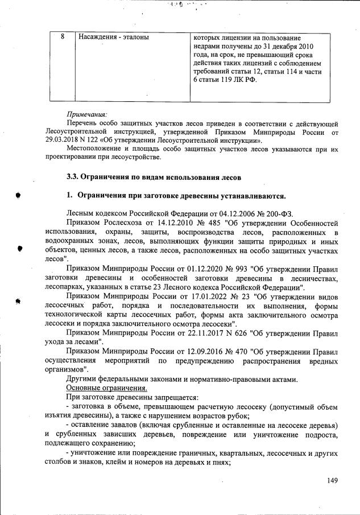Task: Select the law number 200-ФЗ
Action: click(281, 213)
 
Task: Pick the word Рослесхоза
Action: click(116, 223)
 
